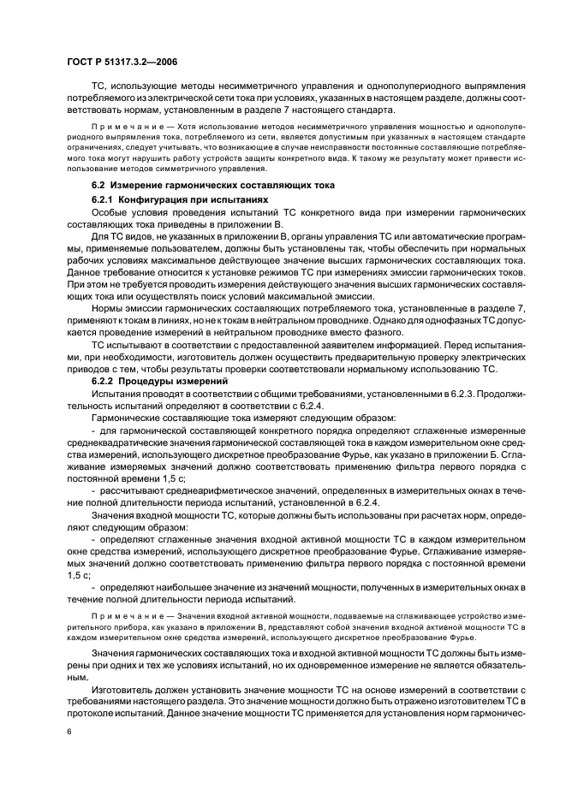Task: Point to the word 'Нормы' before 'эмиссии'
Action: (x=108, y=306)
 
